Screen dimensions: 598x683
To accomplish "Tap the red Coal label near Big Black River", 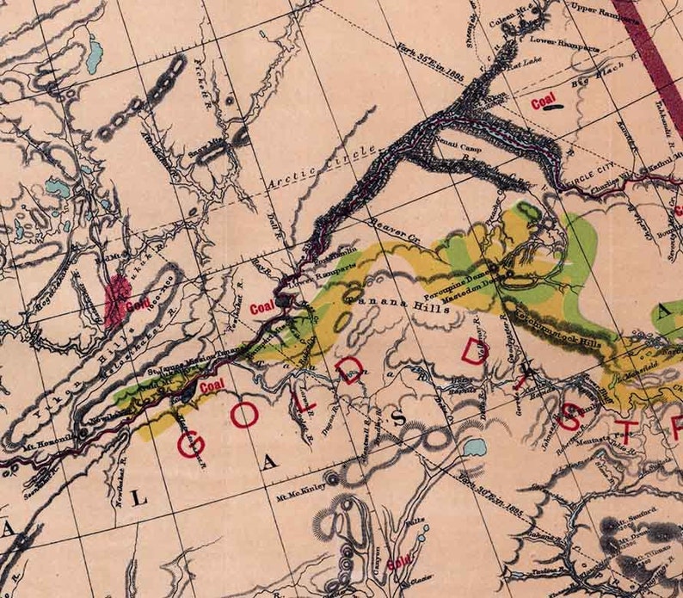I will pyautogui.click(x=543, y=103).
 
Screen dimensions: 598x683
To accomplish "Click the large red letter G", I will pyautogui.click(x=190, y=444).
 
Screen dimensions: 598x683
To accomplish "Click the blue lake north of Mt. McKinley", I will pyautogui.click(x=472, y=447).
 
